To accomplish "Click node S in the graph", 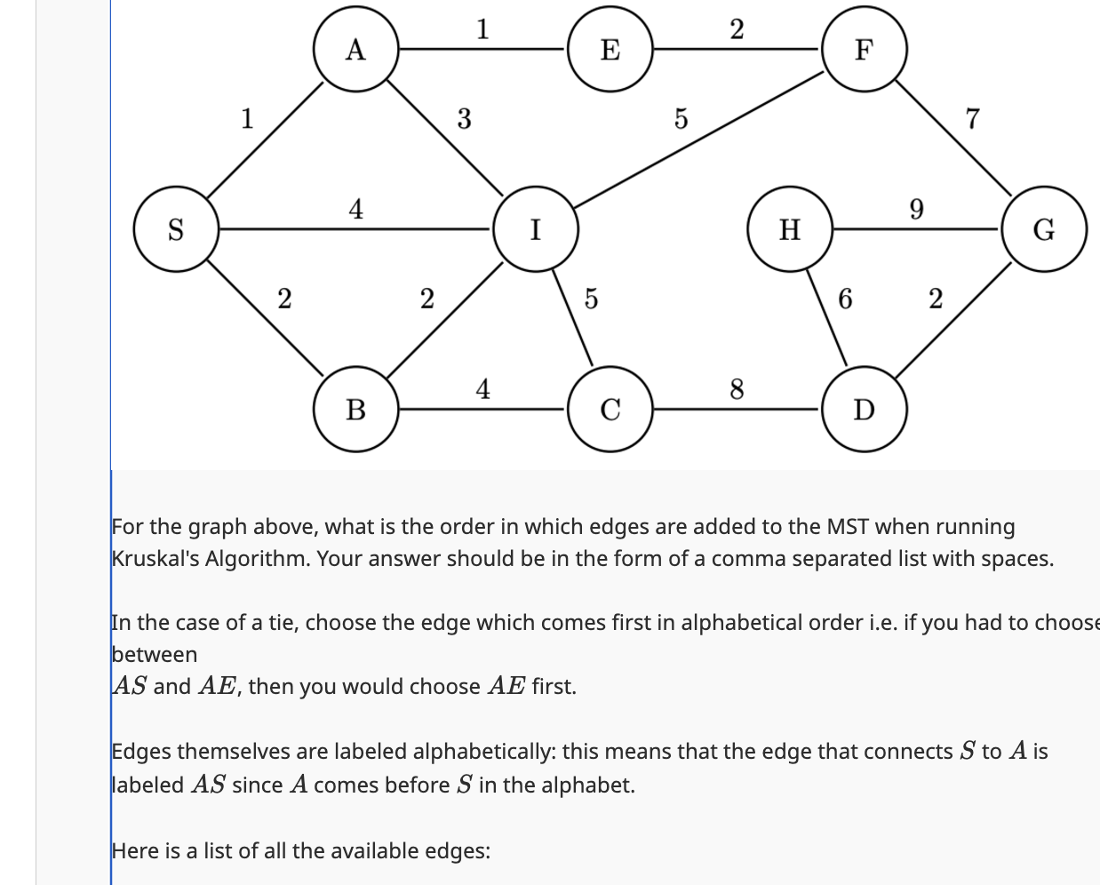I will [x=176, y=229].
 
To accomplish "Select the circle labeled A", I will [x=355, y=50].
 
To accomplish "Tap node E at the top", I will [x=610, y=50].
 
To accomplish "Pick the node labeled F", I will [x=864, y=50].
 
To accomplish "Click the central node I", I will [x=536, y=229].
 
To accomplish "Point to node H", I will [x=789, y=229].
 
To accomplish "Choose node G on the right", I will [x=1044, y=229].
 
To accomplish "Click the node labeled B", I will [x=355, y=410].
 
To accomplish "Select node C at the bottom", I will [x=610, y=410].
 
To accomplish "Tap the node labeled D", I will [x=864, y=410].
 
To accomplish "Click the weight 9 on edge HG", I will [x=916, y=209].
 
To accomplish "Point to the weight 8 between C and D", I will [x=737, y=388].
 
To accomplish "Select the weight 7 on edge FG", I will [x=972, y=117].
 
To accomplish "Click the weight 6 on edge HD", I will [x=845, y=299].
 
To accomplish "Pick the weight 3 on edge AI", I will [x=464, y=118].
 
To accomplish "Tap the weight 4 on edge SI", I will [x=355, y=209].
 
